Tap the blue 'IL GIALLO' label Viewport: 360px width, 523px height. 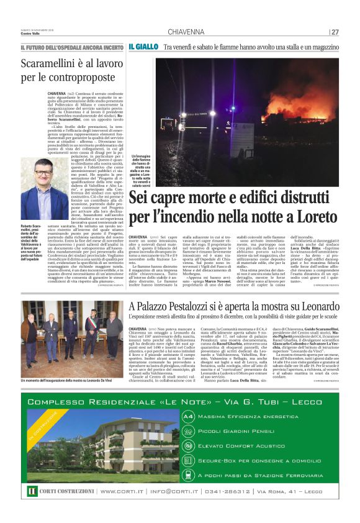click(142, 47)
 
